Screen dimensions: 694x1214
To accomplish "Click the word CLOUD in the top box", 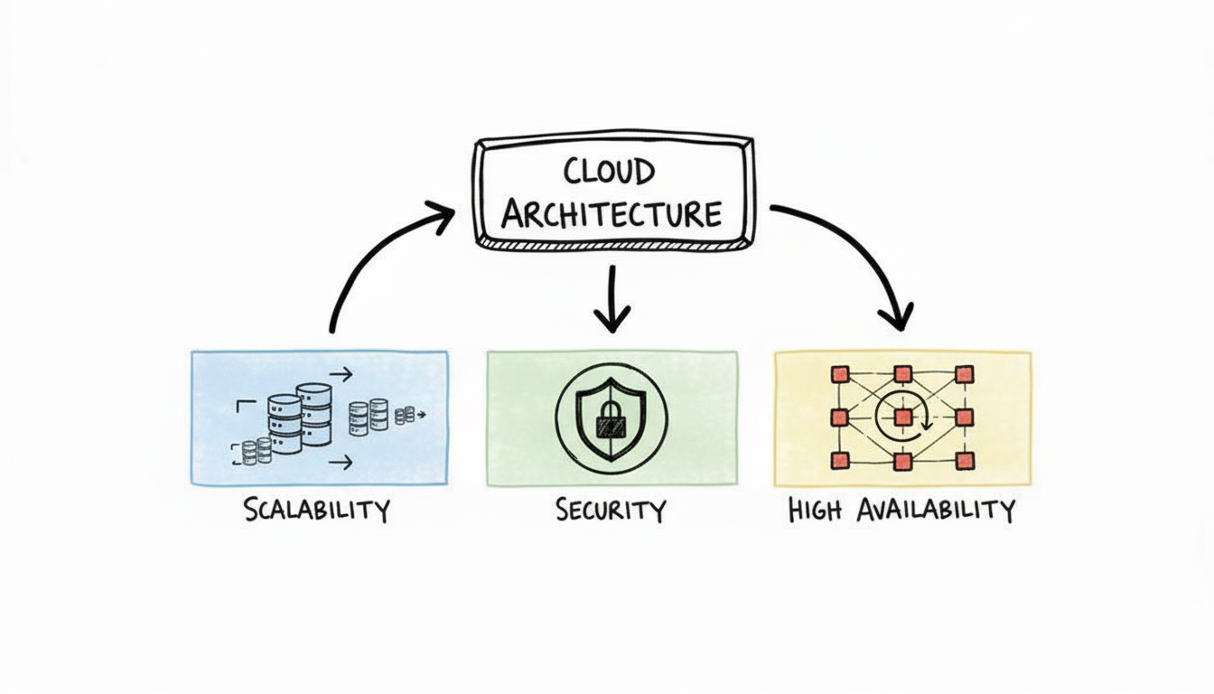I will point(611,171).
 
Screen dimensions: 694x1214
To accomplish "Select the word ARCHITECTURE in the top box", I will point(612,215).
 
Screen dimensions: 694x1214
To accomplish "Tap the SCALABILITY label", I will point(316,509).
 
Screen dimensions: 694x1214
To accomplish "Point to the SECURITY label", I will point(611,510).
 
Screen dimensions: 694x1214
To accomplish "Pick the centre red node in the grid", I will point(902,417).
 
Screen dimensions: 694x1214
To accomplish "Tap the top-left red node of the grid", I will point(841,373).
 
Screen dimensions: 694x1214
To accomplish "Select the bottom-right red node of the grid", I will point(964,461).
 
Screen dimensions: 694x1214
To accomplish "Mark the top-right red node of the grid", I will point(964,373).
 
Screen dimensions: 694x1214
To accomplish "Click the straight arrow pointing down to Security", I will point(612,298).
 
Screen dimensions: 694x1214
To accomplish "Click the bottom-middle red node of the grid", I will point(902,462).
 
